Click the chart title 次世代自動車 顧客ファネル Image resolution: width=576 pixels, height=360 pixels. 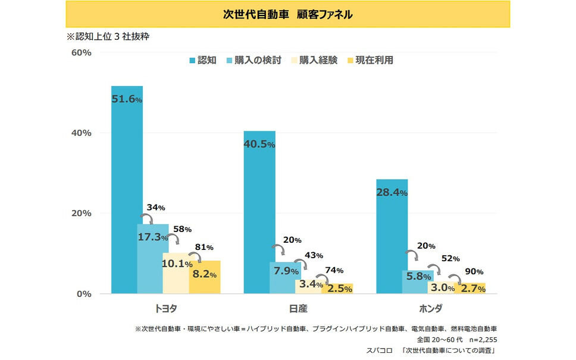pos(288,14)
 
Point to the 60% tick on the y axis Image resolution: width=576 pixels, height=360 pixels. pos(81,52)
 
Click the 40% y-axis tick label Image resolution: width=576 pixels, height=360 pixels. pos(81,133)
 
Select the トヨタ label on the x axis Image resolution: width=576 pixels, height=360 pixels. pos(165,309)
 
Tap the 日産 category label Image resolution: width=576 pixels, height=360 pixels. pos(298,309)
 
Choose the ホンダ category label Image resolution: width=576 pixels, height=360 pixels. pos(431,309)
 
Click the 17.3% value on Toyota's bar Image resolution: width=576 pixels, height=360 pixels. pos(153,237)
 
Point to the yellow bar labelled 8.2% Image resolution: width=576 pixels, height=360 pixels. pos(205,277)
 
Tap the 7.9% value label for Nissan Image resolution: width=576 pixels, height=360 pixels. pos(286,271)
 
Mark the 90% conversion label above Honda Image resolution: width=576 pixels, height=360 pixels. pos(474,271)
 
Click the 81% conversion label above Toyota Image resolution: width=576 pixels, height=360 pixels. pos(204,247)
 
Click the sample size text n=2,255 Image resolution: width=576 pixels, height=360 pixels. pos(481,338)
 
